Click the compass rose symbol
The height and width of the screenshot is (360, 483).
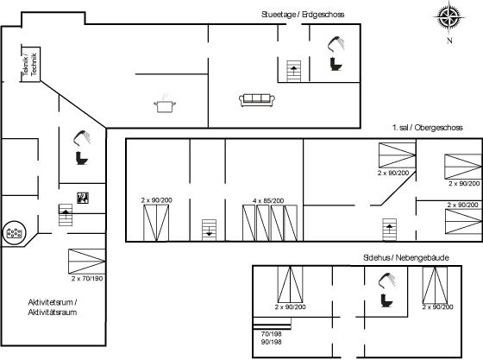(449, 16)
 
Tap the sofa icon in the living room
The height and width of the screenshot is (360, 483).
(257, 100)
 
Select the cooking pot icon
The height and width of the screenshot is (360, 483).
(165, 104)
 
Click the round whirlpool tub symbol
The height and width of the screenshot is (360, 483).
(14, 233)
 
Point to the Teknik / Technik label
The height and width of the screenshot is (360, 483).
(30, 64)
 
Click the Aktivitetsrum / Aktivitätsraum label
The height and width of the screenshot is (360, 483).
(53, 307)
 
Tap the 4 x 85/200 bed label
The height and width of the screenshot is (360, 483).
(268, 200)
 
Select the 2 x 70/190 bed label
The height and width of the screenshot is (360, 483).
(87, 278)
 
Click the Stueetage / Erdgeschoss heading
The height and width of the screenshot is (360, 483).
(303, 14)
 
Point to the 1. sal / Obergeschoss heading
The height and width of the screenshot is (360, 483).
(428, 128)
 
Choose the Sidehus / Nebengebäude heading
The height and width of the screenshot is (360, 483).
(406, 257)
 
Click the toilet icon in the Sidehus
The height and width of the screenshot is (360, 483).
(386, 300)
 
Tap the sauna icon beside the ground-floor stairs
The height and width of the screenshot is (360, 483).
(83, 198)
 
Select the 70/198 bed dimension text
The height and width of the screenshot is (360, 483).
(271, 334)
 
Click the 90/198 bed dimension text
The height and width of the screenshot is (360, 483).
(271, 342)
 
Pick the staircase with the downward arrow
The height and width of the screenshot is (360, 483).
(209, 230)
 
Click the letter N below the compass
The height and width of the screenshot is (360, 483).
(449, 41)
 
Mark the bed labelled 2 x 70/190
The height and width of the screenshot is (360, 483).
(86, 262)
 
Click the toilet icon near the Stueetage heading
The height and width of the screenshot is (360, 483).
(336, 64)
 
